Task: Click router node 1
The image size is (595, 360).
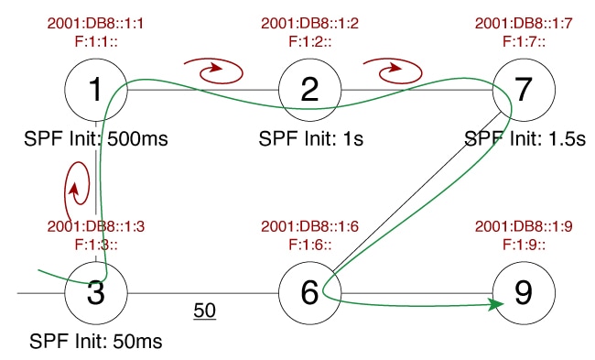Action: (96, 89)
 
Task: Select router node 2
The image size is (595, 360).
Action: (309, 89)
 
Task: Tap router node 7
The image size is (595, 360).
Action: (523, 89)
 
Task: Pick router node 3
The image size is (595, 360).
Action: (96, 293)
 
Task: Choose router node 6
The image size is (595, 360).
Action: (309, 293)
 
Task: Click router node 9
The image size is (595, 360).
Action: (523, 293)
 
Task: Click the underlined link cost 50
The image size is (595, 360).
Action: (204, 311)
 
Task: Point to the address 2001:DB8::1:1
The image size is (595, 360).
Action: (96, 23)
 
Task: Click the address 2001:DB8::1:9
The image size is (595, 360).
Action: (523, 227)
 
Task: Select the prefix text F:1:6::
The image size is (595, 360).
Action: (309, 243)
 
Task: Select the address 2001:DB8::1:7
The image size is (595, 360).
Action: (523, 23)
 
